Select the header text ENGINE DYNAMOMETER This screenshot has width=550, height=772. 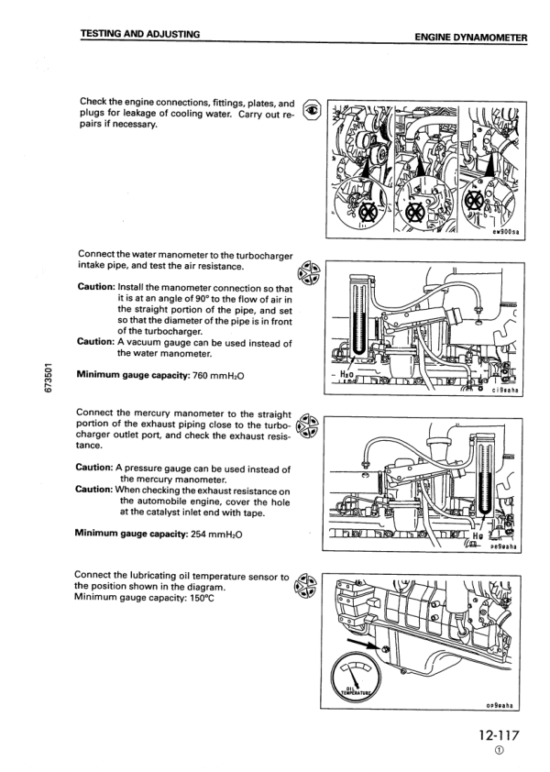pyautogui.click(x=471, y=38)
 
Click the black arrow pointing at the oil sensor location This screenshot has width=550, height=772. pyautogui.click(x=369, y=643)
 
